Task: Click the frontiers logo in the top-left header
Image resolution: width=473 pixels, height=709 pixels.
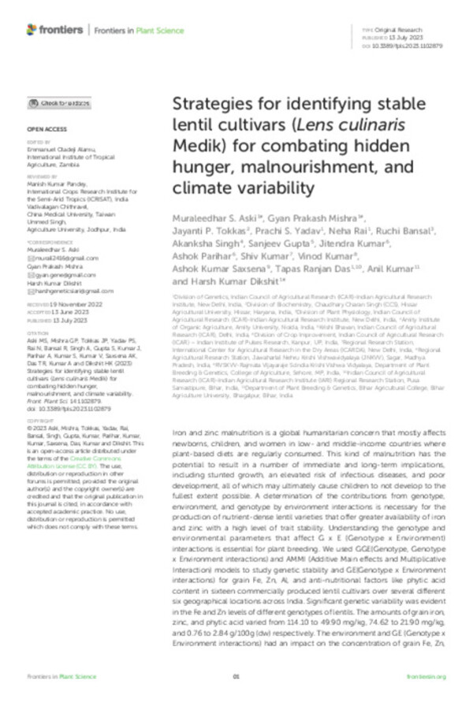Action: pos(54,29)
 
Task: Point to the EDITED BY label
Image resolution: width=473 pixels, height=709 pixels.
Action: pos(36,142)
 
